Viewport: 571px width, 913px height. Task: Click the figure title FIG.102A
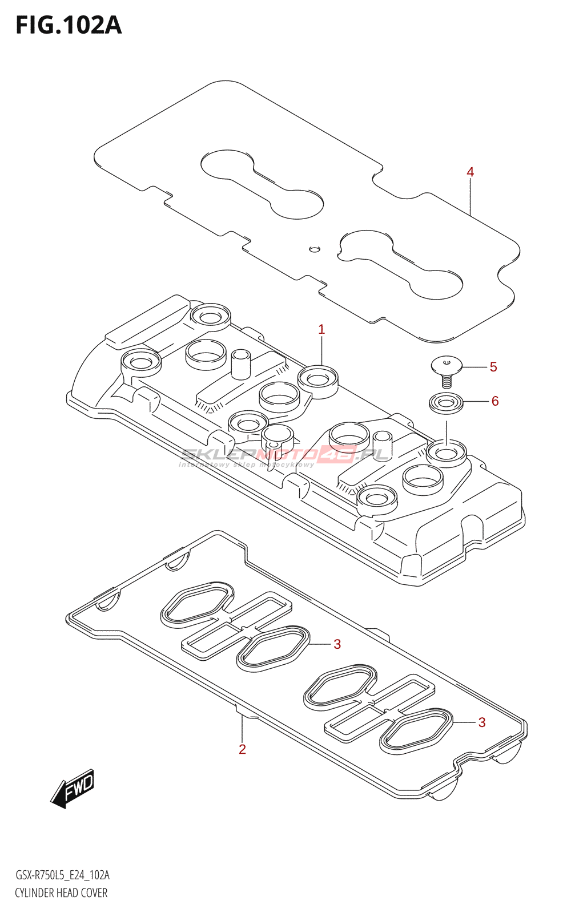pyautogui.click(x=69, y=26)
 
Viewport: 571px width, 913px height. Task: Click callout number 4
pyautogui.click(x=470, y=172)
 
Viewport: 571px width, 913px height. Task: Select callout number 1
pyautogui.click(x=321, y=329)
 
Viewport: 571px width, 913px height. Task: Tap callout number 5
pyautogui.click(x=493, y=367)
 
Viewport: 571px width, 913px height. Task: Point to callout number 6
pyautogui.click(x=495, y=401)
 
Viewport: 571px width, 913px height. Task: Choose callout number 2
pyautogui.click(x=242, y=749)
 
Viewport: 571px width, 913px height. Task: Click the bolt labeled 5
pyautogui.click(x=447, y=368)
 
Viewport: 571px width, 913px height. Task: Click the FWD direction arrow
pyautogui.click(x=73, y=789)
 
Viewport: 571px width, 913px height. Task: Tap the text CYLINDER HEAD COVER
pyautogui.click(x=61, y=893)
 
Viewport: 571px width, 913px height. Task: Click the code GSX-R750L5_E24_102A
pyautogui.click(x=62, y=875)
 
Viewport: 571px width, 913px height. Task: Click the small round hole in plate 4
pyautogui.click(x=315, y=249)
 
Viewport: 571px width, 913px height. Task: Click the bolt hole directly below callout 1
pyautogui.click(x=318, y=378)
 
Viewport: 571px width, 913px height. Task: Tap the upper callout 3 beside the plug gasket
pyautogui.click(x=337, y=644)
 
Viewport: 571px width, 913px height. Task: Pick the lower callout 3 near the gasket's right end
pyautogui.click(x=482, y=722)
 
